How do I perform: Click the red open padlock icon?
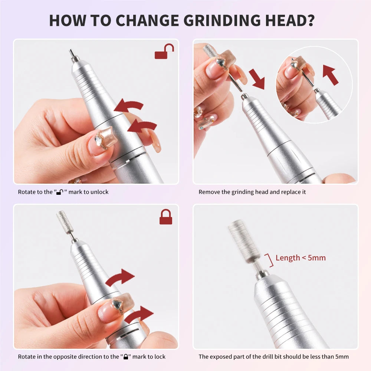point(164,51)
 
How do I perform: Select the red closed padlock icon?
point(165,217)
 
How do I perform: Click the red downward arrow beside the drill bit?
point(257,79)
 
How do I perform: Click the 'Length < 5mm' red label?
point(301,258)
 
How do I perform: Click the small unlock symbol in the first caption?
point(60,192)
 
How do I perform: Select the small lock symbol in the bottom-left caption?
point(126,356)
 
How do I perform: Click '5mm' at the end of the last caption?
point(342,357)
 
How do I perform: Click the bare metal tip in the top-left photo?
point(74,56)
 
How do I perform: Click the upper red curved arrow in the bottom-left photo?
point(120,277)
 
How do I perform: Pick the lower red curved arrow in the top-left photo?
point(142,127)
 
